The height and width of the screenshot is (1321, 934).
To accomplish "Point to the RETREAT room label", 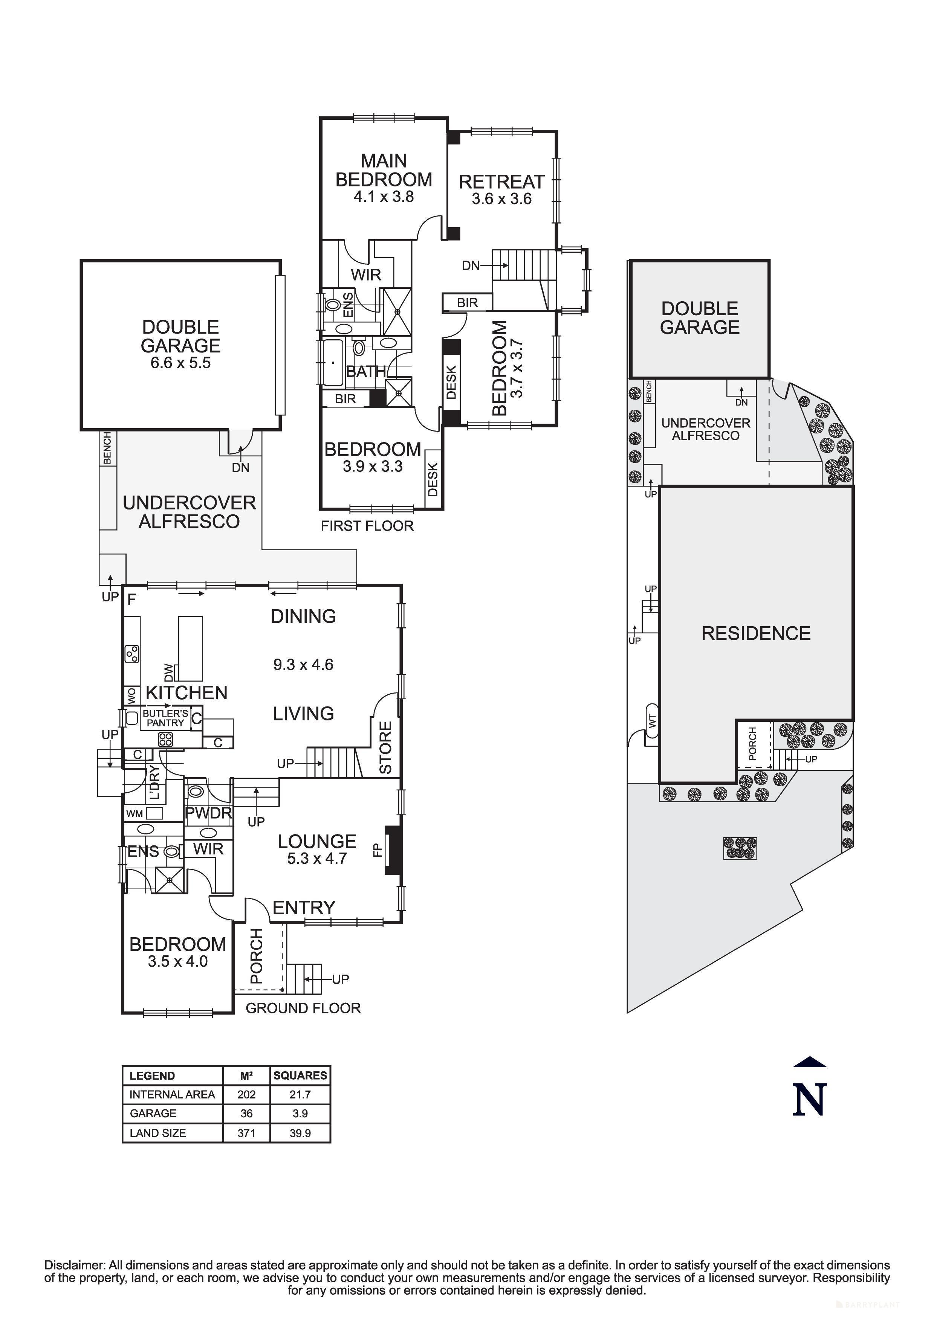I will (x=501, y=182).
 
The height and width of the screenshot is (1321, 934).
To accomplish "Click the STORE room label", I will (x=385, y=747).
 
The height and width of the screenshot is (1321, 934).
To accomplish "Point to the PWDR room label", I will (x=208, y=813).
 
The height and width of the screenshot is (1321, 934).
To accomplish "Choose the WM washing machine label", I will (x=135, y=813).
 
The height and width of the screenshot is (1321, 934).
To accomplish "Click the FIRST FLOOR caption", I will (x=367, y=526).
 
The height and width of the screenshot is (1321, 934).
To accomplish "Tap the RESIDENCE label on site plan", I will (x=756, y=633).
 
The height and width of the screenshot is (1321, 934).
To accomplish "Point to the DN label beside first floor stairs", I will (x=471, y=266).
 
